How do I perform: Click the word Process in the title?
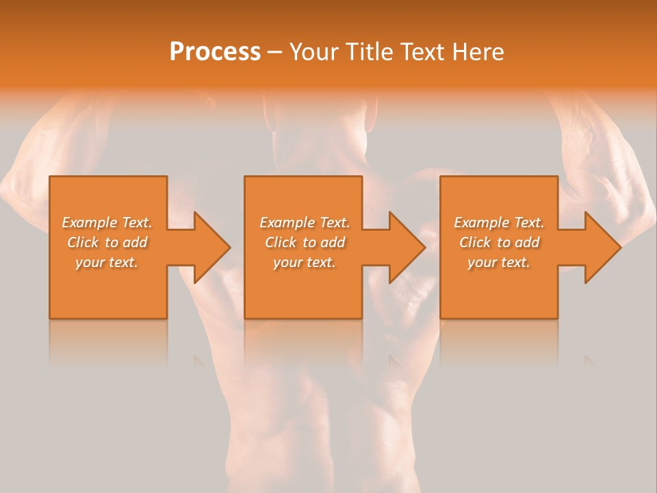(x=215, y=52)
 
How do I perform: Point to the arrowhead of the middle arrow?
(x=406, y=247)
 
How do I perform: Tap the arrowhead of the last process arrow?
(x=602, y=247)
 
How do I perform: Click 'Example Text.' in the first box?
(x=107, y=223)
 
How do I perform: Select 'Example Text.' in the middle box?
(x=305, y=223)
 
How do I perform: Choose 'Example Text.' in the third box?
(x=499, y=223)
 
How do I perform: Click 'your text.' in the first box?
(x=107, y=262)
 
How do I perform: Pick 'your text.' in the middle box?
(x=305, y=262)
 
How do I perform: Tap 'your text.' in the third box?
(x=499, y=262)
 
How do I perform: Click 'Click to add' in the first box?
(x=107, y=242)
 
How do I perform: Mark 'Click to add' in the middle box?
(x=305, y=242)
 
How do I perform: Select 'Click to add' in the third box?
(x=499, y=242)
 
